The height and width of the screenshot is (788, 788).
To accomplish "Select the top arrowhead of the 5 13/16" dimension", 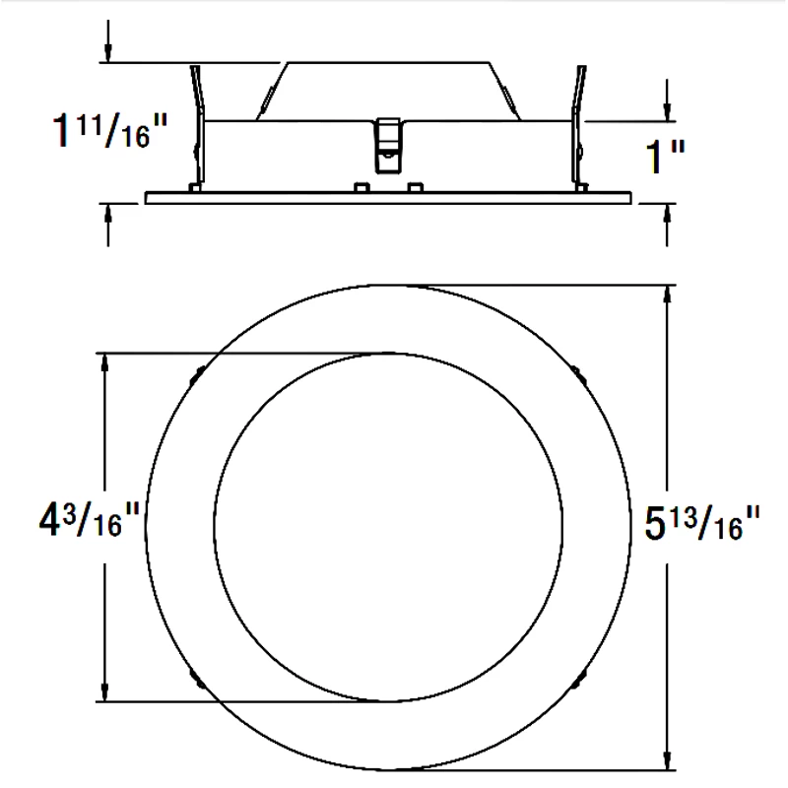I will tap(670, 295).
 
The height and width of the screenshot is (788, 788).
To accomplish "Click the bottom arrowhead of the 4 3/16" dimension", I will tap(104, 692).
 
